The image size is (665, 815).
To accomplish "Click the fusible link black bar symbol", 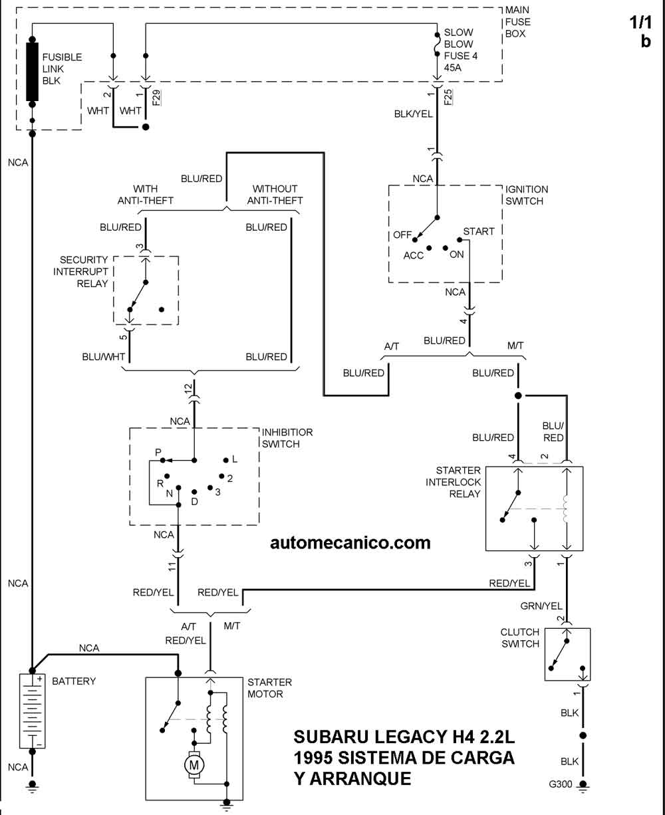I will tap(32, 71).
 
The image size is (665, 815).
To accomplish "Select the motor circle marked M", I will tap(195, 765).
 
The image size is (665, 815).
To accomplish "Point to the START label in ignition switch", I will tap(479, 231).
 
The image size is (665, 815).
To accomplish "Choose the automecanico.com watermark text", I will tap(350, 542).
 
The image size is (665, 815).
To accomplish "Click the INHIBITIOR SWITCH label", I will tap(287, 438).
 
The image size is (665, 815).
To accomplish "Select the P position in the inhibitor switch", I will tap(158, 452).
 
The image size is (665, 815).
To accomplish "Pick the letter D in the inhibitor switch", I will tap(194, 501).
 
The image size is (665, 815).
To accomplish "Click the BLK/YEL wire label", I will tap(414, 114).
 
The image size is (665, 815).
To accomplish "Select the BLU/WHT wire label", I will tap(104, 357).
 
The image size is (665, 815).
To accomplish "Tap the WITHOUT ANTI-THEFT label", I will tap(275, 195).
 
